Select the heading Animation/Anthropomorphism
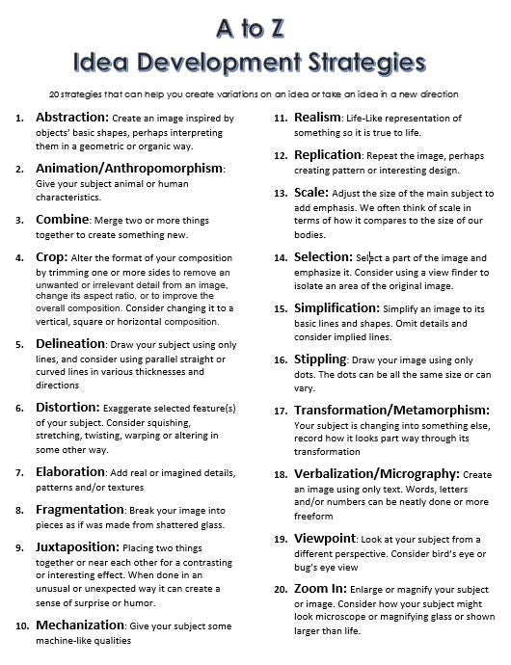coord(129,168)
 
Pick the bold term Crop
coord(50,257)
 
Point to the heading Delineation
coord(70,342)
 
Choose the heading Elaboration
coord(71,472)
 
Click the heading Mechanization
coord(80,625)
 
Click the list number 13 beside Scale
coord(281,193)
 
